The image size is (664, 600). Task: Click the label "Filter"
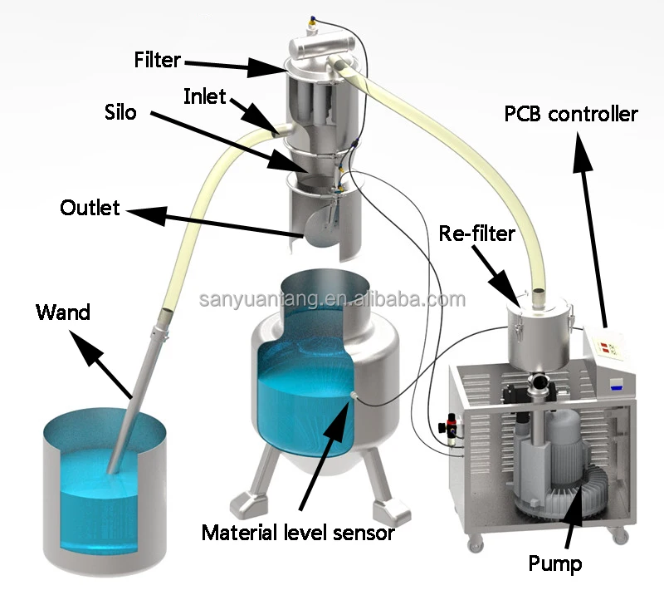click(157, 61)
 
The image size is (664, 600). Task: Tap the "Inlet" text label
click(204, 96)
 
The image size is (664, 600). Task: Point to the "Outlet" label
click(90, 207)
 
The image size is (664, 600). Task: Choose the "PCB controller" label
click(571, 114)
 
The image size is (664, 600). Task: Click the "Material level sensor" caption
click(298, 533)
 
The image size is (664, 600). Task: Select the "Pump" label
click(555, 564)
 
